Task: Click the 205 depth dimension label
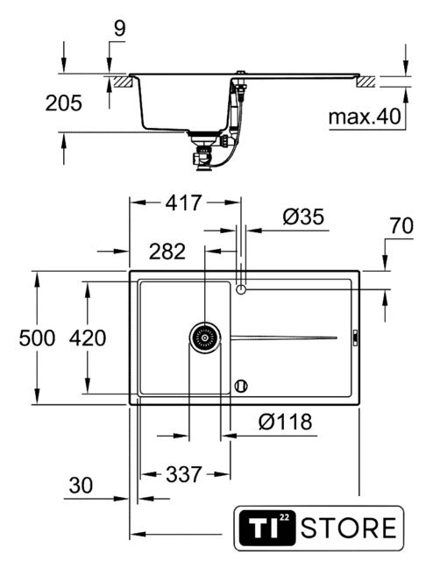64,103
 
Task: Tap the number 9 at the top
120,29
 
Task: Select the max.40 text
365,117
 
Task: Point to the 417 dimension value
183,202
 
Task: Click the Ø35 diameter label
303,217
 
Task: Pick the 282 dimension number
167,252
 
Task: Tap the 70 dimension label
401,226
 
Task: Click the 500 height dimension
37,338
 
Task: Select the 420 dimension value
88,338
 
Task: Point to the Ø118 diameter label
285,422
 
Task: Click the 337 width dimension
184,475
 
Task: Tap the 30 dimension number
81,486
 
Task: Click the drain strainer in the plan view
205,337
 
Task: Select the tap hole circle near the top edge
241,289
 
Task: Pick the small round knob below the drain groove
241,386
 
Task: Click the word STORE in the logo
349,528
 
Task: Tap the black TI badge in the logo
267,528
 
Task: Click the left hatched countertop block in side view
124,82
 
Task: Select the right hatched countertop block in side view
366,82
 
